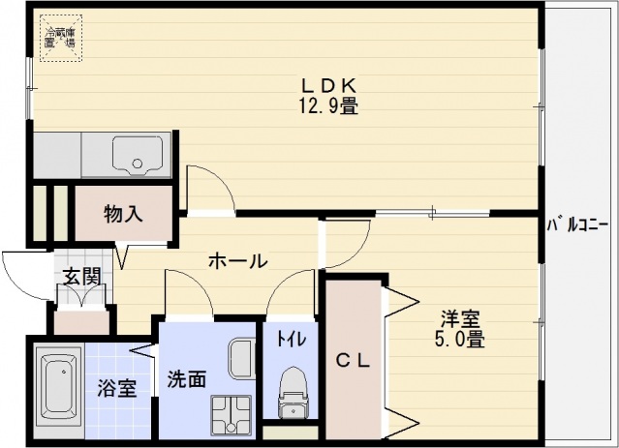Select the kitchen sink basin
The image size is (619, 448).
tap(136, 155)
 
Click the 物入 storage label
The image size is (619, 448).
tap(124, 214)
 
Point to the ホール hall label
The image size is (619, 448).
tap(237, 260)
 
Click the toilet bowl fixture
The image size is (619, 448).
tap(292, 392)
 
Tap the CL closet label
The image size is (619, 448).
tap(352, 361)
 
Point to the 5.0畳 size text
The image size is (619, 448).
tap(459, 340)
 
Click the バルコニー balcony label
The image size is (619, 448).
tap(578, 224)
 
